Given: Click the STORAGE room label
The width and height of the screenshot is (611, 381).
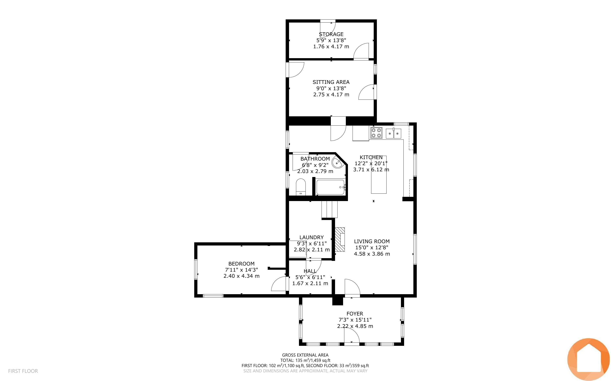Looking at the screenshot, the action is [331, 34].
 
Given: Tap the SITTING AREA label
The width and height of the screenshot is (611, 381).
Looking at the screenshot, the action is [331, 82].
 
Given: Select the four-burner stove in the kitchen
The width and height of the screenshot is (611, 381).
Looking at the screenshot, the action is [376, 133].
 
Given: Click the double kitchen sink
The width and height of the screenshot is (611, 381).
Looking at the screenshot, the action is [394, 134].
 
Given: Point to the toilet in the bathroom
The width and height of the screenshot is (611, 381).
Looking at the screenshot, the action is [301, 187].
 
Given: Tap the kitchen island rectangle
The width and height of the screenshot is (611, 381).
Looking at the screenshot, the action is [379, 175].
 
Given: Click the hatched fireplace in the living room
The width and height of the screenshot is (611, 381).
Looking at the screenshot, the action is [340, 239].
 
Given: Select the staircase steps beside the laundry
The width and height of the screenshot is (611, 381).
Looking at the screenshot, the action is [330, 209].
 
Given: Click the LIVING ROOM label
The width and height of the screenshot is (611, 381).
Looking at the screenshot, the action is [372, 241].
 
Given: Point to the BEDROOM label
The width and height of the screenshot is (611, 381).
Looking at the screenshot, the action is [241, 264].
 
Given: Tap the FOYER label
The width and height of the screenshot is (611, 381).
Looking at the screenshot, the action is [355, 314].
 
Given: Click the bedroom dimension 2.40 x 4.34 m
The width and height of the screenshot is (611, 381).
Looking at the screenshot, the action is [242, 276].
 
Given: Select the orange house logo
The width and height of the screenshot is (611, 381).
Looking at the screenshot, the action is [588, 359].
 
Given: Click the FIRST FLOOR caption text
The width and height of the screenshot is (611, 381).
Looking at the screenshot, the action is [23, 371].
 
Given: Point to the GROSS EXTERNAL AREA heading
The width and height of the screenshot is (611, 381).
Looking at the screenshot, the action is [305, 355].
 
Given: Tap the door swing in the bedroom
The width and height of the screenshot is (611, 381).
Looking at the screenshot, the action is [279, 284].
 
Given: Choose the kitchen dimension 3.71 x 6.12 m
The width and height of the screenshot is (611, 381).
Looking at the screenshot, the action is [371, 170].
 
